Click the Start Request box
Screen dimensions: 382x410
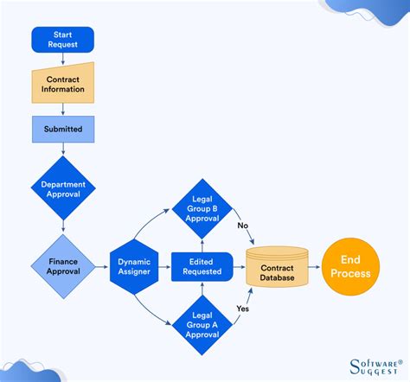tap(62, 40)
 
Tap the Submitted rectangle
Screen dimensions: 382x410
tap(62, 129)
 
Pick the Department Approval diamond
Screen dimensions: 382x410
tap(62, 188)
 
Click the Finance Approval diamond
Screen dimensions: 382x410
tap(62, 264)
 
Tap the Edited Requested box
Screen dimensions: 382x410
tap(202, 265)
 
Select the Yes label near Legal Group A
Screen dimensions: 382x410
tap(243, 309)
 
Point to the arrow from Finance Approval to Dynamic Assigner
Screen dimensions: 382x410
tap(101, 265)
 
